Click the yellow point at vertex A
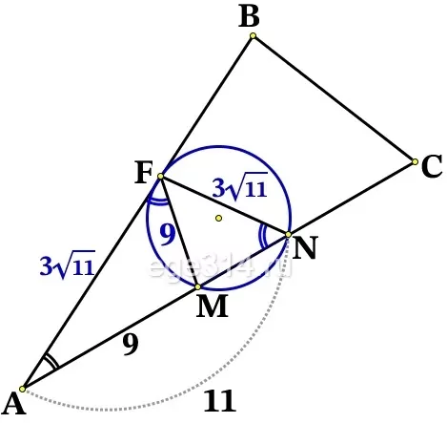[x=22, y=389]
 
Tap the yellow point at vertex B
[x=253, y=35]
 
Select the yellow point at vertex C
[x=415, y=161]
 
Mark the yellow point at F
[x=161, y=176]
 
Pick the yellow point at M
[x=198, y=286]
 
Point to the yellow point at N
[x=288, y=235]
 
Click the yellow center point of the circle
[x=218, y=218]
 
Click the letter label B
[x=249, y=16]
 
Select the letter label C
[x=432, y=166]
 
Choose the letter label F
[x=144, y=172]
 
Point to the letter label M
[x=212, y=306]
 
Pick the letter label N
[x=305, y=247]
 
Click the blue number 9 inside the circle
[x=168, y=234]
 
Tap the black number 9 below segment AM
[x=131, y=345]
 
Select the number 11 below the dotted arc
[x=220, y=401]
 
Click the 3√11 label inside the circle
[x=240, y=187]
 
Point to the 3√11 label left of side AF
[x=68, y=264]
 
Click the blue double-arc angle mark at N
[x=262, y=236]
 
